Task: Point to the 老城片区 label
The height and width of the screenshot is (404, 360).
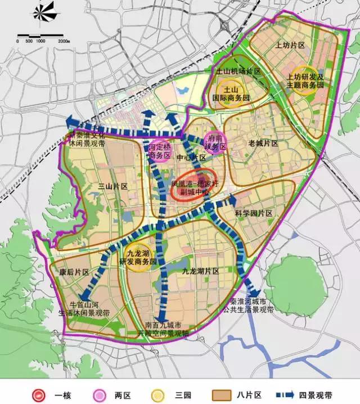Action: (263, 144)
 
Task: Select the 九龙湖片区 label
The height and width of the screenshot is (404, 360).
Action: (200, 271)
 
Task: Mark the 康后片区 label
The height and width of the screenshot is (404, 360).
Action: (74, 272)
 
